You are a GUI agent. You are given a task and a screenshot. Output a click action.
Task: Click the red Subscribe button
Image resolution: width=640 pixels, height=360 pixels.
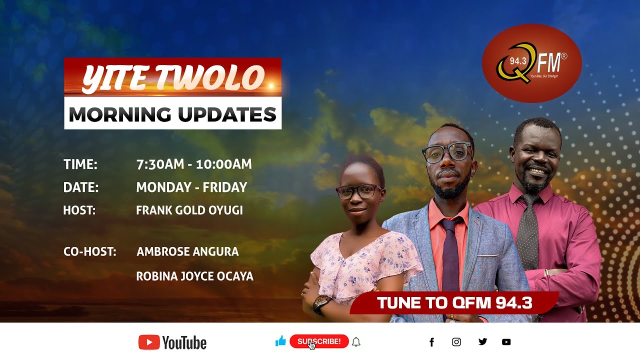pyautogui.click(x=319, y=341)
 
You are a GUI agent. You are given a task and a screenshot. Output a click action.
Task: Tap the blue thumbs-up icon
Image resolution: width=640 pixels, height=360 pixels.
pyautogui.click(x=280, y=341)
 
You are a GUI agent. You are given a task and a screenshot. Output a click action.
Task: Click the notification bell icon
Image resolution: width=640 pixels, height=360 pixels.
pyautogui.click(x=356, y=342)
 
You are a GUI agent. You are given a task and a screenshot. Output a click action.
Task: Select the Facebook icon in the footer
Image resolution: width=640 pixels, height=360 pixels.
pyautogui.click(x=431, y=342)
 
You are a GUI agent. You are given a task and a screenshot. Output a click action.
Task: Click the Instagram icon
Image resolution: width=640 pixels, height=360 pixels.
pyautogui.click(x=456, y=342)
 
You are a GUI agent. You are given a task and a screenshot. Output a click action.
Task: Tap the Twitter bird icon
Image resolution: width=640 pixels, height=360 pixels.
pyautogui.click(x=482, y=342)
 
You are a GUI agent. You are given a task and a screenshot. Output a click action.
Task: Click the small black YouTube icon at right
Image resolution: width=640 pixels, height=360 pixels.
pyautogui.click(x=506, y=342)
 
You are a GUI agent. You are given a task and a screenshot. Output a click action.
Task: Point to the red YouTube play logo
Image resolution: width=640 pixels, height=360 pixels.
pyautogui.click(x=149, y=342)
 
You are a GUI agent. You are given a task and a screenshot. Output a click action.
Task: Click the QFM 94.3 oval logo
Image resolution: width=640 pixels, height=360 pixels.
pyautogui.click(x=531, y=63)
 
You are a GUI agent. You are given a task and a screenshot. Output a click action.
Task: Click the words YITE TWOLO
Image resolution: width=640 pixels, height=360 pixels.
pyautogui.click(x=172, y=78)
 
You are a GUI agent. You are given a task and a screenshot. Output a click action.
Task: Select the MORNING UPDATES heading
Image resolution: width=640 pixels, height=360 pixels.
pyautogui.click(x=172, y=114)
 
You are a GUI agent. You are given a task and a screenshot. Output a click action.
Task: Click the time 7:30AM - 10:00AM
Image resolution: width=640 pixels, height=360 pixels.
pyautogui.click(x=194, y=164)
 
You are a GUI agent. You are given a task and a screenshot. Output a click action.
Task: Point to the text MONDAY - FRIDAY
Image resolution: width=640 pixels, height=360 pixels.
pyautogui.click(x=191, y=187)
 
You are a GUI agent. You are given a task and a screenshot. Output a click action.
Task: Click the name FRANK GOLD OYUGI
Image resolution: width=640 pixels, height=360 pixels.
pyautogui.click(x=189, y=210)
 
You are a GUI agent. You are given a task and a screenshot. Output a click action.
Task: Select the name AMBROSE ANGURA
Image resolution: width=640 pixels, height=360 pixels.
pyautogui.click(x=187, y=251)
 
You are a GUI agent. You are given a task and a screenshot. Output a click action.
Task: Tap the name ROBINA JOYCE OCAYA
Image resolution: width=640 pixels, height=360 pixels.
pyautogui.click(x=194, y=276)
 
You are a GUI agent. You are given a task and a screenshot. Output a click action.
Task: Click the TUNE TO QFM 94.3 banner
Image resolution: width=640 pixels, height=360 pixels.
pyautogui.click(x=454, y=303)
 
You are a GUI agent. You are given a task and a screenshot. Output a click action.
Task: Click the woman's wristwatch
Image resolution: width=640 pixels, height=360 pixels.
pyautogui.click(x=321, y=302)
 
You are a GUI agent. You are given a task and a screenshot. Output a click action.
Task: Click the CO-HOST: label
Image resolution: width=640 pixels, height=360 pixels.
pyautogui.click(x=90, y=251)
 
